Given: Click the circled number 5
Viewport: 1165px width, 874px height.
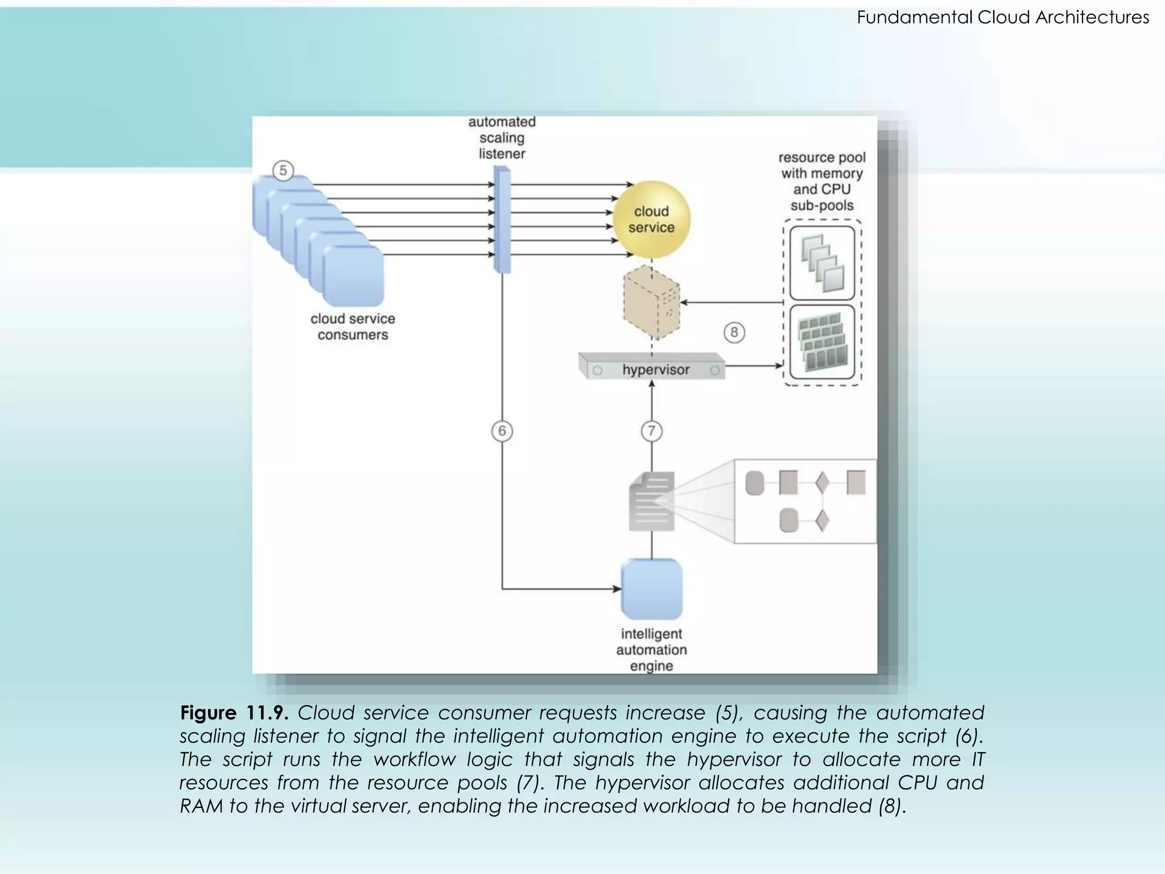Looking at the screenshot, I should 283,171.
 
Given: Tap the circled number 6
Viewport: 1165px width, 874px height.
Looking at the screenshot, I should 502,431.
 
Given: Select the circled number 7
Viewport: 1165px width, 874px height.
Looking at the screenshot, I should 651,431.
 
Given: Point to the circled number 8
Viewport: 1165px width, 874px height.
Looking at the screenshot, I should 734,332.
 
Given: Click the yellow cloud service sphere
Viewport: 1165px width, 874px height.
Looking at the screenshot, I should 651,220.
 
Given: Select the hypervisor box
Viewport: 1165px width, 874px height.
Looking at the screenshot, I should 652,368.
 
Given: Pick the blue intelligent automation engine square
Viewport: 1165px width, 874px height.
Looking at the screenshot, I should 651,589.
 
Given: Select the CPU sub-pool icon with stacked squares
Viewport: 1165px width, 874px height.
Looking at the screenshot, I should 822,263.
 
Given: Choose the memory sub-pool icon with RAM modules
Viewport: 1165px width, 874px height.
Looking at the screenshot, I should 822,343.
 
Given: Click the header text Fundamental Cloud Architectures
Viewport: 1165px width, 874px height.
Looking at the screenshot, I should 1002,17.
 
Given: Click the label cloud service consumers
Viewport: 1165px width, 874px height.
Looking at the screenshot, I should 353,327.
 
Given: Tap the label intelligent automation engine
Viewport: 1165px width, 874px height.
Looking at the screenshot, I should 651,650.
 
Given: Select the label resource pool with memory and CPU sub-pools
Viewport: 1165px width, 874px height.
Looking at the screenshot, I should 821,181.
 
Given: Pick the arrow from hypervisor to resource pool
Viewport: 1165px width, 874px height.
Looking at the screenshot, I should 754,365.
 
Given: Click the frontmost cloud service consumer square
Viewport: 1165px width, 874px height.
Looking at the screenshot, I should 353,277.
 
